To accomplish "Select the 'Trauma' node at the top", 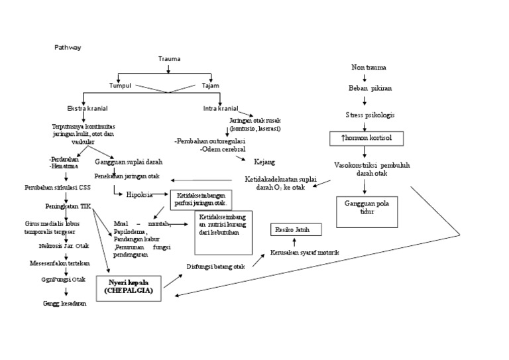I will click(169, 59).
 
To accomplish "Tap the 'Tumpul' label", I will click(121, 86).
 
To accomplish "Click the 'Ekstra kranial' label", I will click(87, 108).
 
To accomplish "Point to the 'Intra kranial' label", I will click(221, 108).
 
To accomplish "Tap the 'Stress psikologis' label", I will click(370, 115).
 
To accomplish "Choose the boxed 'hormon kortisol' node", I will click(367, 139).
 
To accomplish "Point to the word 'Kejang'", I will click(264, 161).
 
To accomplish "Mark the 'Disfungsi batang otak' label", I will click(215, 267).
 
